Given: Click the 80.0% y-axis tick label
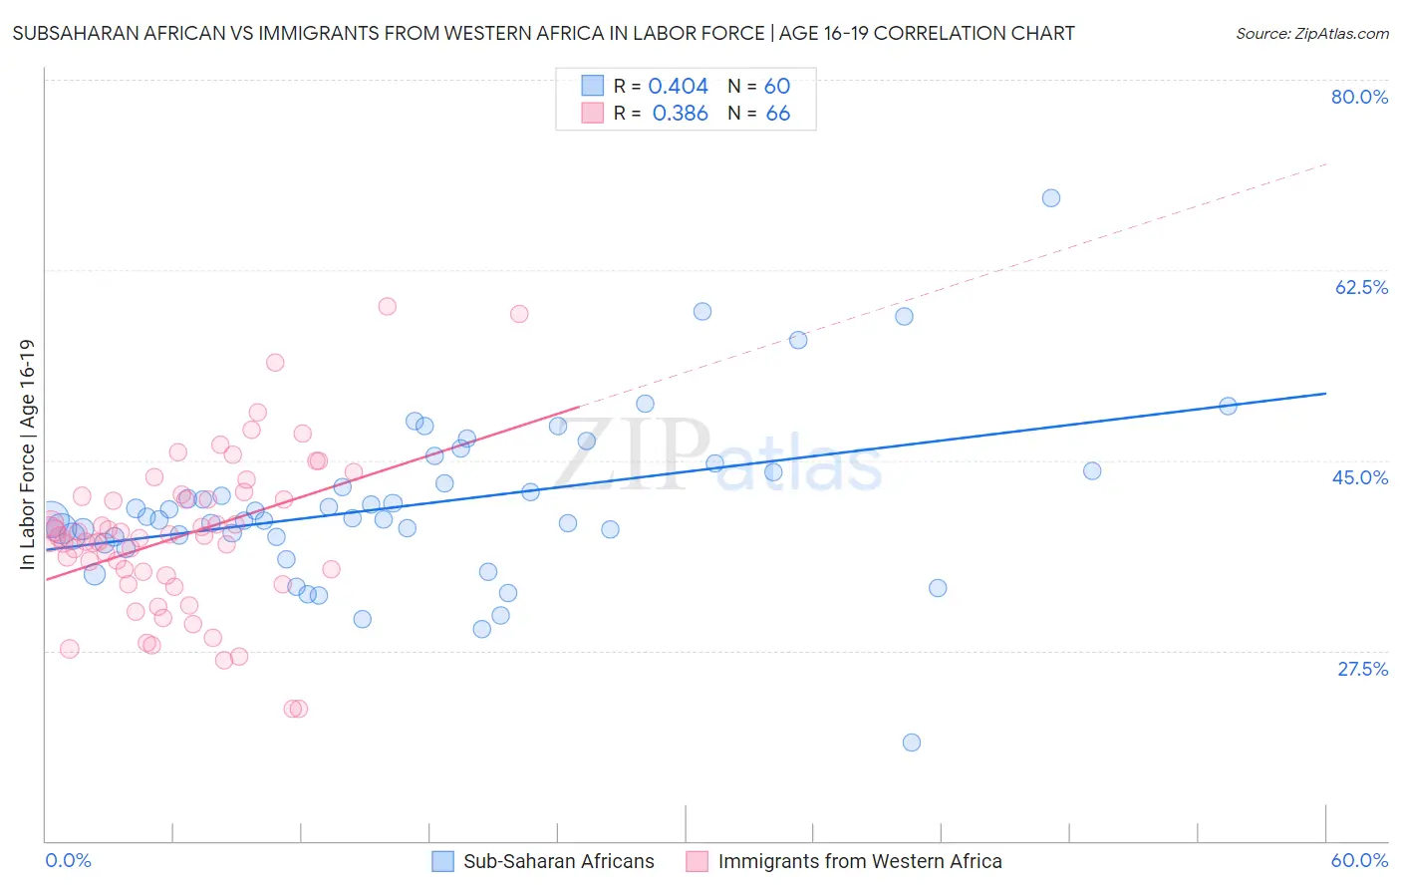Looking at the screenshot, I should click(x=1359, y=97).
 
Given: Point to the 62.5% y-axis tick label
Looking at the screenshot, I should click(x=1361, y=287).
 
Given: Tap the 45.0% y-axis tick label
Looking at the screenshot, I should click(x=1360, y=477).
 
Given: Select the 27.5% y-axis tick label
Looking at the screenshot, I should click(x=1362, y=669).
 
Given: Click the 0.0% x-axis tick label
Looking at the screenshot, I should click(x=68, y=860).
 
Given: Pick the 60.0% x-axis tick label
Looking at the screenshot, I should click(x=1359, y=860).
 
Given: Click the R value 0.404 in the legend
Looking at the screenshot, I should click(x=678, y=86).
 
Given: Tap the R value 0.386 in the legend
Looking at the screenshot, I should click(x=680, y=114).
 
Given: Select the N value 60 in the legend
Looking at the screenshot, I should click(x=776, y=86).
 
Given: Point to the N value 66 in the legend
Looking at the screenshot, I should click(x=777, y=114).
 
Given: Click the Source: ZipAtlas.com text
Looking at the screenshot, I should click(x=1311, y=33).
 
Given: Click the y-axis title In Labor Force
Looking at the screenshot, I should click(x=27, y=454).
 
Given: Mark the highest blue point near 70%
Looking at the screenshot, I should click(x=1050, y=197).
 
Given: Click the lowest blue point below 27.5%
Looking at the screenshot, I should click(x=911, y=741).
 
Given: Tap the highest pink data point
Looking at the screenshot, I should click(x=387, y=306).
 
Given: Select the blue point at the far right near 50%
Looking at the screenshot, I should click(x=1228, y=406).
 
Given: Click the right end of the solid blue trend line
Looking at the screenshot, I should click(x=1325, y=394).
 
